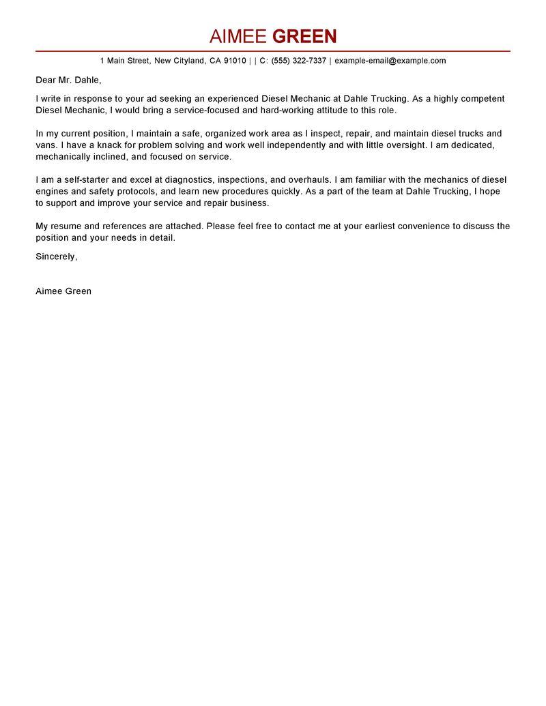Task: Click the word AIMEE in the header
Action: (x=238, y=36)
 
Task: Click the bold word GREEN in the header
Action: (x=305, y=36)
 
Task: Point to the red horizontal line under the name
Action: (x=273, y=51)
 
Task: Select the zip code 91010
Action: (x=234, y=61)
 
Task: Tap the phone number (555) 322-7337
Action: (x=299, y=61)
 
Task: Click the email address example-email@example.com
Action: (x=390, y=61)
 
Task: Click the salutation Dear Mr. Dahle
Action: (x=68, y=80)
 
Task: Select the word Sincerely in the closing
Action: (x=56, y=256)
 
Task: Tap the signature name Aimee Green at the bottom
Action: (x=63, y=291)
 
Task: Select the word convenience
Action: (x=420, y=226)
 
